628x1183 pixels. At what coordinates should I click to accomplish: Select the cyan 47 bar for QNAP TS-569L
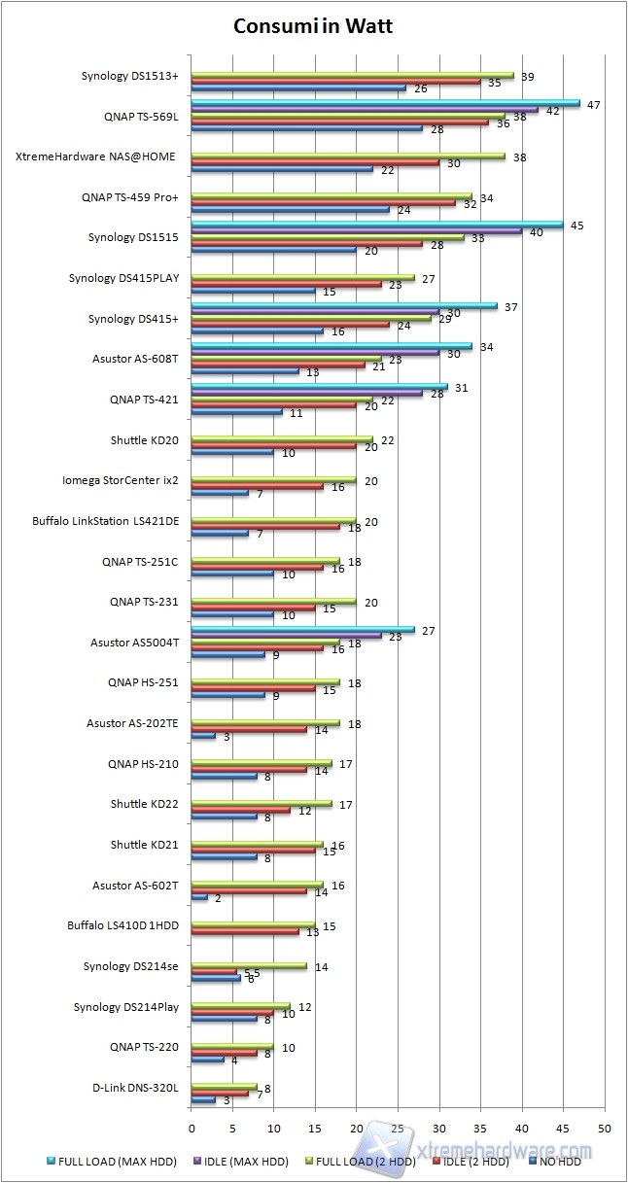click(385, 102)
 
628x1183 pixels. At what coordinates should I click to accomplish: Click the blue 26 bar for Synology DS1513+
click(298, 88)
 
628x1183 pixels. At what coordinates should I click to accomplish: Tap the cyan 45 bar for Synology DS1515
click(377, 224)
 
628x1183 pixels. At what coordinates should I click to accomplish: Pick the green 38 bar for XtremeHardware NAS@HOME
click(348, 156)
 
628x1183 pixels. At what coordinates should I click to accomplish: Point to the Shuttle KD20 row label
click(143, 440)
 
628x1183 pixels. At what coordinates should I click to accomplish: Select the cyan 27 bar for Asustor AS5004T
click(302, 629)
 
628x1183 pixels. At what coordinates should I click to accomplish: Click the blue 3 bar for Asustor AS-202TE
click(203, 736)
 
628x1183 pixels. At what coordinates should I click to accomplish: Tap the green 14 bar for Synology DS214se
click(249, 965)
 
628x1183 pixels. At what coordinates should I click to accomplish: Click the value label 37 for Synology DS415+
click(509, 306)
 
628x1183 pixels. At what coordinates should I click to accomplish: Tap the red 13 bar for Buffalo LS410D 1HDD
click(245, 931)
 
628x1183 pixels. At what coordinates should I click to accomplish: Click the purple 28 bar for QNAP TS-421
click(307, 393)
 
